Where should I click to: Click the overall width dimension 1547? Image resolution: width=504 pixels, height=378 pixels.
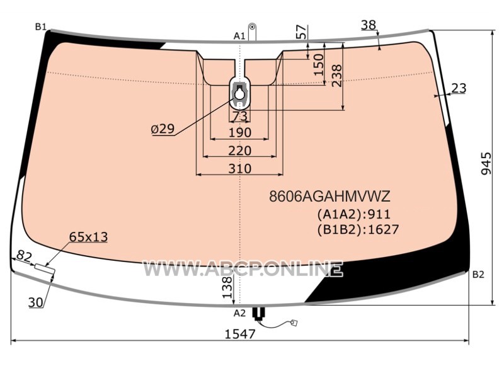tap(240, 335)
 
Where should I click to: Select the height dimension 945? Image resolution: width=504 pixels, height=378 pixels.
tap(486, 164)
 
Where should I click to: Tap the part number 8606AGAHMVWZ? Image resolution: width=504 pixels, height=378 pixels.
tap(329, 196)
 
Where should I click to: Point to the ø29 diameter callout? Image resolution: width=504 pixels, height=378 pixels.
tap(163, 129)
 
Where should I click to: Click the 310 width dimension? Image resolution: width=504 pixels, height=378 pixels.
tap(240, 168)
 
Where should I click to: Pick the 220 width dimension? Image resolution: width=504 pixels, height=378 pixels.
tap(240, 151)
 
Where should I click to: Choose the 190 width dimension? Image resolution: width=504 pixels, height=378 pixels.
tap(240, 132)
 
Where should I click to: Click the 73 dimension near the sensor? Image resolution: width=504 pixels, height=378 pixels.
tap(240, 116)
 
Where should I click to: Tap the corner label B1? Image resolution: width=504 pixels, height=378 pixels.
tap(41, 27)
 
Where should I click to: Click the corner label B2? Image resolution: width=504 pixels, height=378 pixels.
tap(478, 275)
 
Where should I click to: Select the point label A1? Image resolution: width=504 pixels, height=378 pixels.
tap(239, 37)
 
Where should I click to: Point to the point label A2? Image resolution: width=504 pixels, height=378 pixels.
tap(239, 312)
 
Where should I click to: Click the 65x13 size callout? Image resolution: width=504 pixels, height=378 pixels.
tap(88, 238)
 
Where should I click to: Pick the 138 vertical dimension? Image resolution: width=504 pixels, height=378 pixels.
tap(227, 287)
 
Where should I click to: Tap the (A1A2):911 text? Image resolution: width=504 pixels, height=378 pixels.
tap(354, 214)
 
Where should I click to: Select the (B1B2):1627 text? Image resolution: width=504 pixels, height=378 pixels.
tap(358, 229)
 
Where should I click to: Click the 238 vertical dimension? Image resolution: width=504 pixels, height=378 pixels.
tap(336, 76)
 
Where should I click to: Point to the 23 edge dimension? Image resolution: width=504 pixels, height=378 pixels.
tap(459, 88)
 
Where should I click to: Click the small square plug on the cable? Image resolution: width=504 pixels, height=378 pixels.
tap(294, 322)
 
